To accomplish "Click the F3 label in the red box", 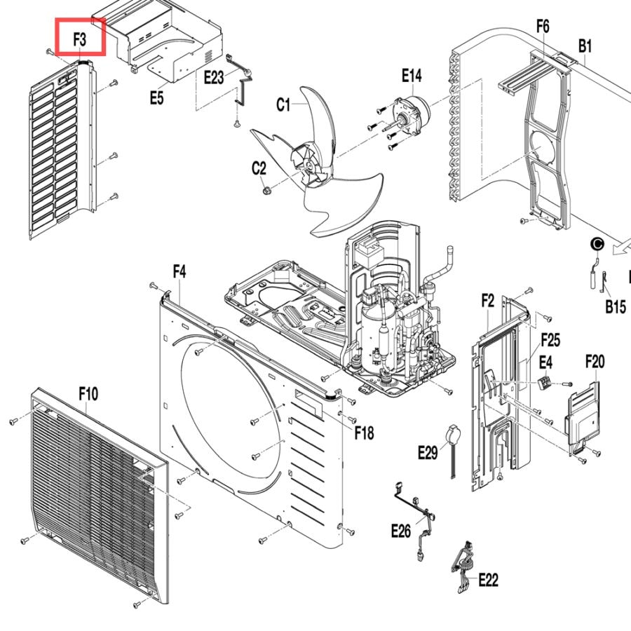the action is point(80,39).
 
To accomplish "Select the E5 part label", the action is point(157,97).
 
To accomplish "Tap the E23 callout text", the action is point(214,77).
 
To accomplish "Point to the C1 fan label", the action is point(283,104).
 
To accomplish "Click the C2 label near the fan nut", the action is point(259,168).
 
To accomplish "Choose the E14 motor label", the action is point(412,75).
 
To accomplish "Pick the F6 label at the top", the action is point(543,26).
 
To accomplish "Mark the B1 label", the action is point(585,46).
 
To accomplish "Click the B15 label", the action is point(616,306).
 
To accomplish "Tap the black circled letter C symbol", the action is point(597,244).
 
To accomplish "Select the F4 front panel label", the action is point(179,271).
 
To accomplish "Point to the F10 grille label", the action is point(88,393).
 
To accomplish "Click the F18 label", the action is point(364,433).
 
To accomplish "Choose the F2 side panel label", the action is point(488,301).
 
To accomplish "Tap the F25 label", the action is point(550,340).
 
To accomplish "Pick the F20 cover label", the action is point(595,362).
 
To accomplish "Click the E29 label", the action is point(428,452).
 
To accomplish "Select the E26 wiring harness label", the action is point(401,531).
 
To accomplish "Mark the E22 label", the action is point(489,581).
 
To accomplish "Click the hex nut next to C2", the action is point(266,190).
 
